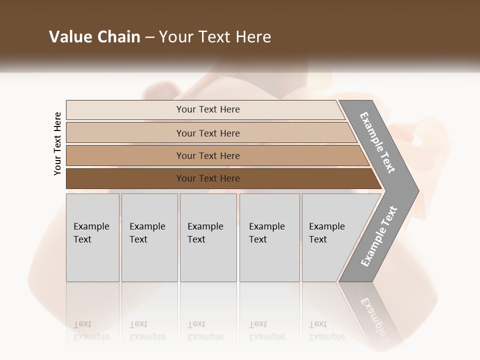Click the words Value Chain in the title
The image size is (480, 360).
click(x=94, y=37)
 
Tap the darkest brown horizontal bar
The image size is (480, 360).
click(x=125, y=178)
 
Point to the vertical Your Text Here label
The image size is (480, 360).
click(x=57, y=143)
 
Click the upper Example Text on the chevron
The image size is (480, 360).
click(x=377, y=142)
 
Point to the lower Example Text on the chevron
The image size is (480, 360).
click(x=379, y=236)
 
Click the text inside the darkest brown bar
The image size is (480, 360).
click(x=208, y=178)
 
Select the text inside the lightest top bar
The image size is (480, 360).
click(x=208, y=109)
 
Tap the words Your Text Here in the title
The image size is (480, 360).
click(x=215, y=37)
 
